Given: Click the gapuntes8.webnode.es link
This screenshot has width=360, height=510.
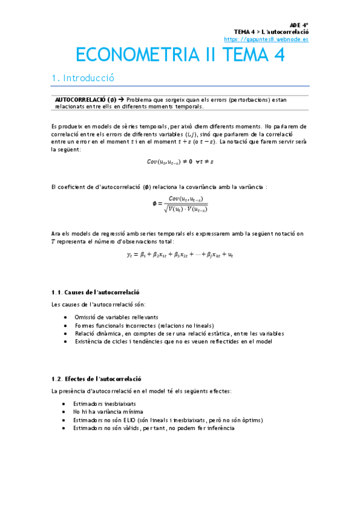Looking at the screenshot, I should tap(266, 38).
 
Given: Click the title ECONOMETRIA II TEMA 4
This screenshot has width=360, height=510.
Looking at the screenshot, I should tap(180, 55).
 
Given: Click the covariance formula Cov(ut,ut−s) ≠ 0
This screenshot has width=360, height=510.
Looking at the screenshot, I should tap(180, 161).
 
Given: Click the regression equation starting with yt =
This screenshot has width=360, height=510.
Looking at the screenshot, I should tap(180, 255).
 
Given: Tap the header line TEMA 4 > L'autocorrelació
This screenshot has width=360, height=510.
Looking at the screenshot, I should tap(271, 31).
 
